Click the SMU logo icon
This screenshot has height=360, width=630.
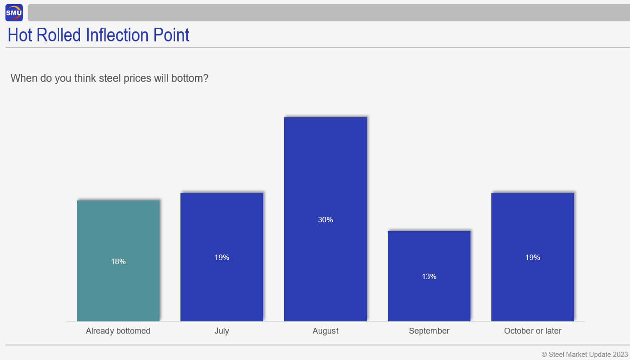pos(14,13)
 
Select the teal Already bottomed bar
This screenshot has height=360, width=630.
pos(118,261)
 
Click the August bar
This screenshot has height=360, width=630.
pos(325,219)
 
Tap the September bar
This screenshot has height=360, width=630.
pos(429,276)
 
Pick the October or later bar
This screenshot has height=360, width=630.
pos(533,257)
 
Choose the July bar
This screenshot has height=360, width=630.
pos(222,257)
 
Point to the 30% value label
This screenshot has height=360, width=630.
pos(325,220)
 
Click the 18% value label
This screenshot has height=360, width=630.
pos(118,261)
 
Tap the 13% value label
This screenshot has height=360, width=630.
pos(429,276)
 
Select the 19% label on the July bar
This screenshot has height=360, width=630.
pos(222,257)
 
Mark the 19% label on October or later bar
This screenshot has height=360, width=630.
pos(533,257)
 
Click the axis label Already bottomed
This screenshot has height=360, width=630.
pos(118,331)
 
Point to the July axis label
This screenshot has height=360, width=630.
pos(222,331)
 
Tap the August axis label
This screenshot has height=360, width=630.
pos(325,331)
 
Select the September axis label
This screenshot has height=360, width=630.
pos(429,331)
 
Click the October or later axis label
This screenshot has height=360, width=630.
pos(533,331)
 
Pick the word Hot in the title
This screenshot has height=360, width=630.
pos(20,35)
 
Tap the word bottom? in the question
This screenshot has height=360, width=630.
pos(190,78)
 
